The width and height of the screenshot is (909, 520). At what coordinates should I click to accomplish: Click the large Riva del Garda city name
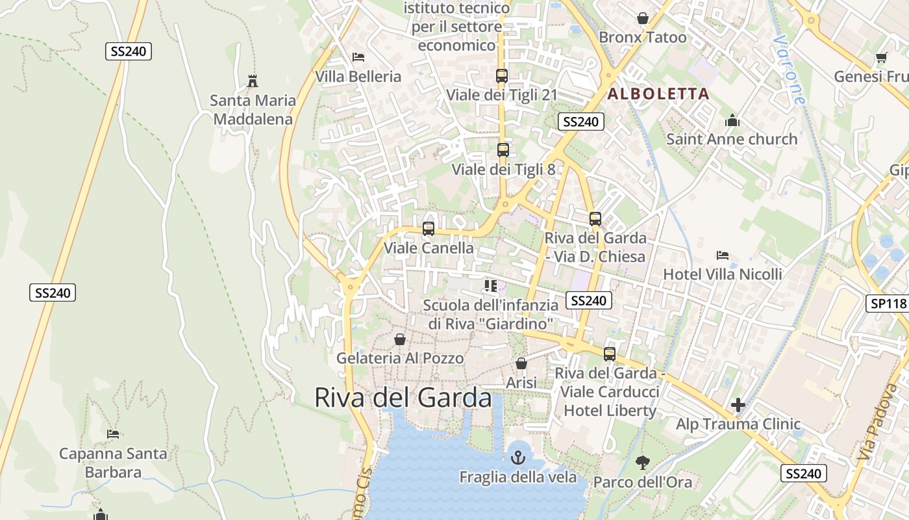pos(403,397)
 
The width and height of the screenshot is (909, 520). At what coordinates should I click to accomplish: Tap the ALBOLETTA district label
pos(658,94)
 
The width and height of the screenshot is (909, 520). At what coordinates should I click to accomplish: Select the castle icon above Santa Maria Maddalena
pos(253,82)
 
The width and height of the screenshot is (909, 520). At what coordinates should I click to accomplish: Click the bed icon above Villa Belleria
pos(358,57)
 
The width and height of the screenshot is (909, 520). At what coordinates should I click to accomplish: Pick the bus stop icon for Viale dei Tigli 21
pos(501,76)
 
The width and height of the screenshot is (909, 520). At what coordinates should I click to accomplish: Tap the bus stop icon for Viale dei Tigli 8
pos(503,150)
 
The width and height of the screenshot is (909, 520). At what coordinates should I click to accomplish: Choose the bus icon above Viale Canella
pos(429,229)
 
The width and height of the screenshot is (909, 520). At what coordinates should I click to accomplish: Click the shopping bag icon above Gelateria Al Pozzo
pos(400,339)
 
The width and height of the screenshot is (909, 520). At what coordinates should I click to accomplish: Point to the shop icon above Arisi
pos(521,363)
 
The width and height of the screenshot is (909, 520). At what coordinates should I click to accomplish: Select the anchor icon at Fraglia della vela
pos(517,457)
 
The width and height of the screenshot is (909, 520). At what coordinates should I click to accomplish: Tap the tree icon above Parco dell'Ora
pos(643,463)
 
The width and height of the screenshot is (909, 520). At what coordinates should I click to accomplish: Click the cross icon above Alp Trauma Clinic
pos(738,406)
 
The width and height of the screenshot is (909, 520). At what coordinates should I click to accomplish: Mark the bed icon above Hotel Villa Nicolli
pos(722,255)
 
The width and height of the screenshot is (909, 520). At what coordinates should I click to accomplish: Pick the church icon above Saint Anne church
pos(732,120)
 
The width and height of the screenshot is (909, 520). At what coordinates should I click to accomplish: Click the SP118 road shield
pos(887,304)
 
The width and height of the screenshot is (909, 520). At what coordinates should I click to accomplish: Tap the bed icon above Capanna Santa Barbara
pos(113,434)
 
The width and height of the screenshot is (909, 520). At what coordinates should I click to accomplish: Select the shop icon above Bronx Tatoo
pos(642,18)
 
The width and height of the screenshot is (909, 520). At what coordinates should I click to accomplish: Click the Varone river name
pos(788,70)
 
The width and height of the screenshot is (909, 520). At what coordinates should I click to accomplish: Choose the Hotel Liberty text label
pos(610,411)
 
